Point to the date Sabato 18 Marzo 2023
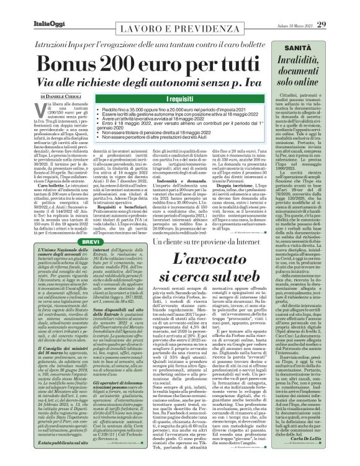point(308,7)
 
